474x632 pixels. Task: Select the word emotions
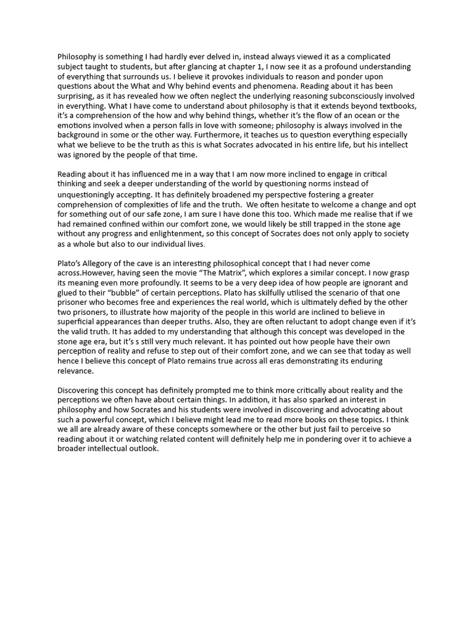[75, 126]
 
